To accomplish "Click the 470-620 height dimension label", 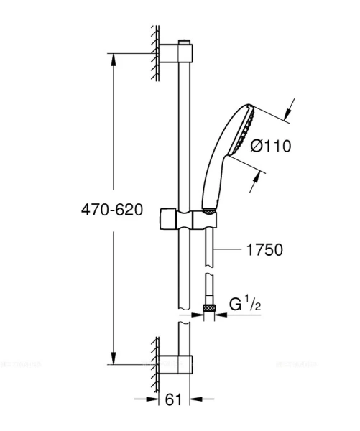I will tap(112, 210).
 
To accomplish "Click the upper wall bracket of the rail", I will tap(175, 54).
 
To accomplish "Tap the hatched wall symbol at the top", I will tap(154, 54).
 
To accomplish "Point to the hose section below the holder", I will tap(209, 244).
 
